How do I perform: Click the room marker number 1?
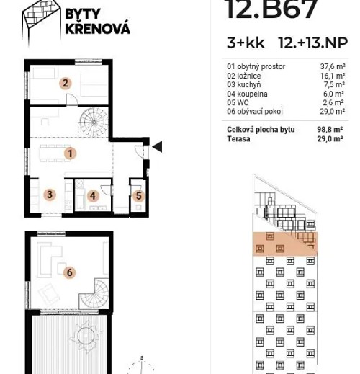coord(70,153)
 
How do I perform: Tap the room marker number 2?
coord(65,83)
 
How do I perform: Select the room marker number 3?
coord(49,195)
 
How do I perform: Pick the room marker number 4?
coord(93,195)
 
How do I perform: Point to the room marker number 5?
coord(139,195)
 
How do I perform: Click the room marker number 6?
coord(69,272)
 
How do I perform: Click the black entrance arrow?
coord(157,147)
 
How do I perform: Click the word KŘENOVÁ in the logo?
coord(97,30)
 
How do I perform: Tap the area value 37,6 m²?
coord(332,66)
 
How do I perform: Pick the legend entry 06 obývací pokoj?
coord(255,112)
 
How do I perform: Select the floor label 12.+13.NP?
coord(312,43)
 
